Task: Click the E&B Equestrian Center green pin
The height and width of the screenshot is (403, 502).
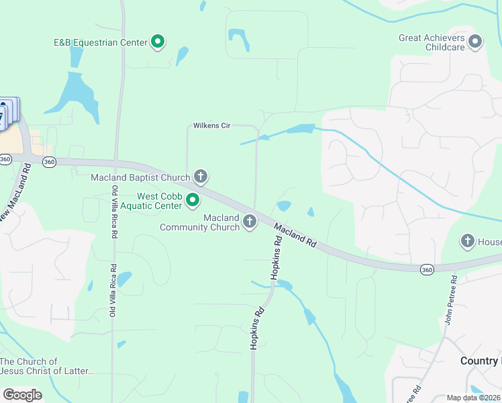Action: (158, 42)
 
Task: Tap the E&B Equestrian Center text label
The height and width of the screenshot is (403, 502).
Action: (101, 42)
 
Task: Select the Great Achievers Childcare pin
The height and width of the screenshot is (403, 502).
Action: (475, 42)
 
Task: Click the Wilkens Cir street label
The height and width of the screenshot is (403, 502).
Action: (211, 126)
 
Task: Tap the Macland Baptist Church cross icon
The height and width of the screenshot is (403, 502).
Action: (200, 177)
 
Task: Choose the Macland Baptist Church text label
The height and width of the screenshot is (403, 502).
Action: (140, 178)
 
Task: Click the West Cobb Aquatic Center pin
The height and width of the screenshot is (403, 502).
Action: (193, 200)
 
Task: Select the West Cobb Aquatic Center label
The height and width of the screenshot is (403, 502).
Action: (160, 200)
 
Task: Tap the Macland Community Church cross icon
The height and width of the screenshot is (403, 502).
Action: (250, 222)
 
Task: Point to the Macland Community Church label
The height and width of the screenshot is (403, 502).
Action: (199, 222)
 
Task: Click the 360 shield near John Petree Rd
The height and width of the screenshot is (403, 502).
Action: (427, 269)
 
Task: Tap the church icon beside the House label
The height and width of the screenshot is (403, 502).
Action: (468, 240)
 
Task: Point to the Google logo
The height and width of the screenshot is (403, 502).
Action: (22, 395)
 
